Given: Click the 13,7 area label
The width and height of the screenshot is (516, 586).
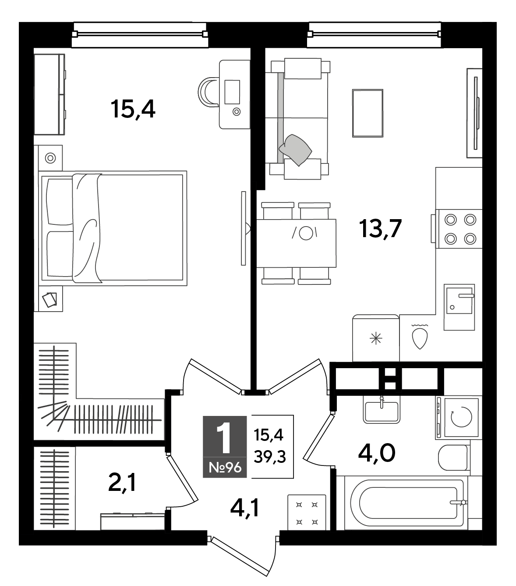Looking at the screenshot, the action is pyautogui.click(x=380, y=229).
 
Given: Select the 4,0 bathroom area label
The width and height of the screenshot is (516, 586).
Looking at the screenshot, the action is pyautogui.click(x=377, y=453).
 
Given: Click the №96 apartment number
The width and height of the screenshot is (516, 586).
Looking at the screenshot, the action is pyautogui.click(x=225, y=467).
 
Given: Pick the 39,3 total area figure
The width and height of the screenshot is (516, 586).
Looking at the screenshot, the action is pyautogui.click(x=270, y=457).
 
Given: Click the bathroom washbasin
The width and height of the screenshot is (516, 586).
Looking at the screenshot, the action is pyautogui.click(x=382, y=409).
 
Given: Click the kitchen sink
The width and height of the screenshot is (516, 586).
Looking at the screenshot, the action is pyautogui.click(x=459, y=307).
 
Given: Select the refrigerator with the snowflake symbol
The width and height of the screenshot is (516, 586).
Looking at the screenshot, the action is pyautogui.click(x=376, y=338).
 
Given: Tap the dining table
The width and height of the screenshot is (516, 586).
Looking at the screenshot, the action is pyautogui.click(x=296, y=243).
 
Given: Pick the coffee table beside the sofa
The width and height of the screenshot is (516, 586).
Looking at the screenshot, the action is pyautogui.click(x=368, y=113).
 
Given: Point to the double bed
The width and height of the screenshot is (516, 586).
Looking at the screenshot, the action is pyautogui.click(x=113, y=228).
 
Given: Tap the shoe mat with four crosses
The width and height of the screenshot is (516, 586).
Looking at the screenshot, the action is pyautogui.click(x=307, y=513).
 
